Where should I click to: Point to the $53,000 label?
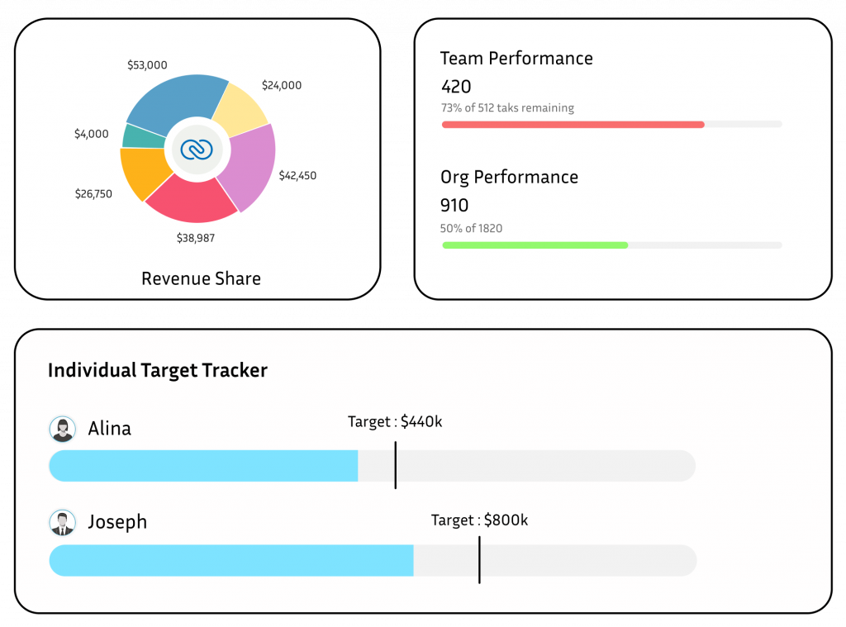coord(147,64)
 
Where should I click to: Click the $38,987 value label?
coord(197,237)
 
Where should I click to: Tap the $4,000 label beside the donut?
coord(91,133)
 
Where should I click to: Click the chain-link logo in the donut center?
coord(197,150)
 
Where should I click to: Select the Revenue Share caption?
coord(201,278)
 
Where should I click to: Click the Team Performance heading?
coord(516,59)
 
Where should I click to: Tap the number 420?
coord(456,87)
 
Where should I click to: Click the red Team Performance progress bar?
coord(573,125)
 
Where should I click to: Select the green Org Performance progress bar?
coord(535,245)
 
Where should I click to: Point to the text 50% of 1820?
coord(472,228)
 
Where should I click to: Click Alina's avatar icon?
coord(62,429)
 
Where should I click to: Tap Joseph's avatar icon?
coord(62,522)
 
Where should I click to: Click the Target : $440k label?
coord(395,421)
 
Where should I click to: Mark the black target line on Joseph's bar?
coord(479,559)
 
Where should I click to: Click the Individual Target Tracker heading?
coord(157,370)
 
